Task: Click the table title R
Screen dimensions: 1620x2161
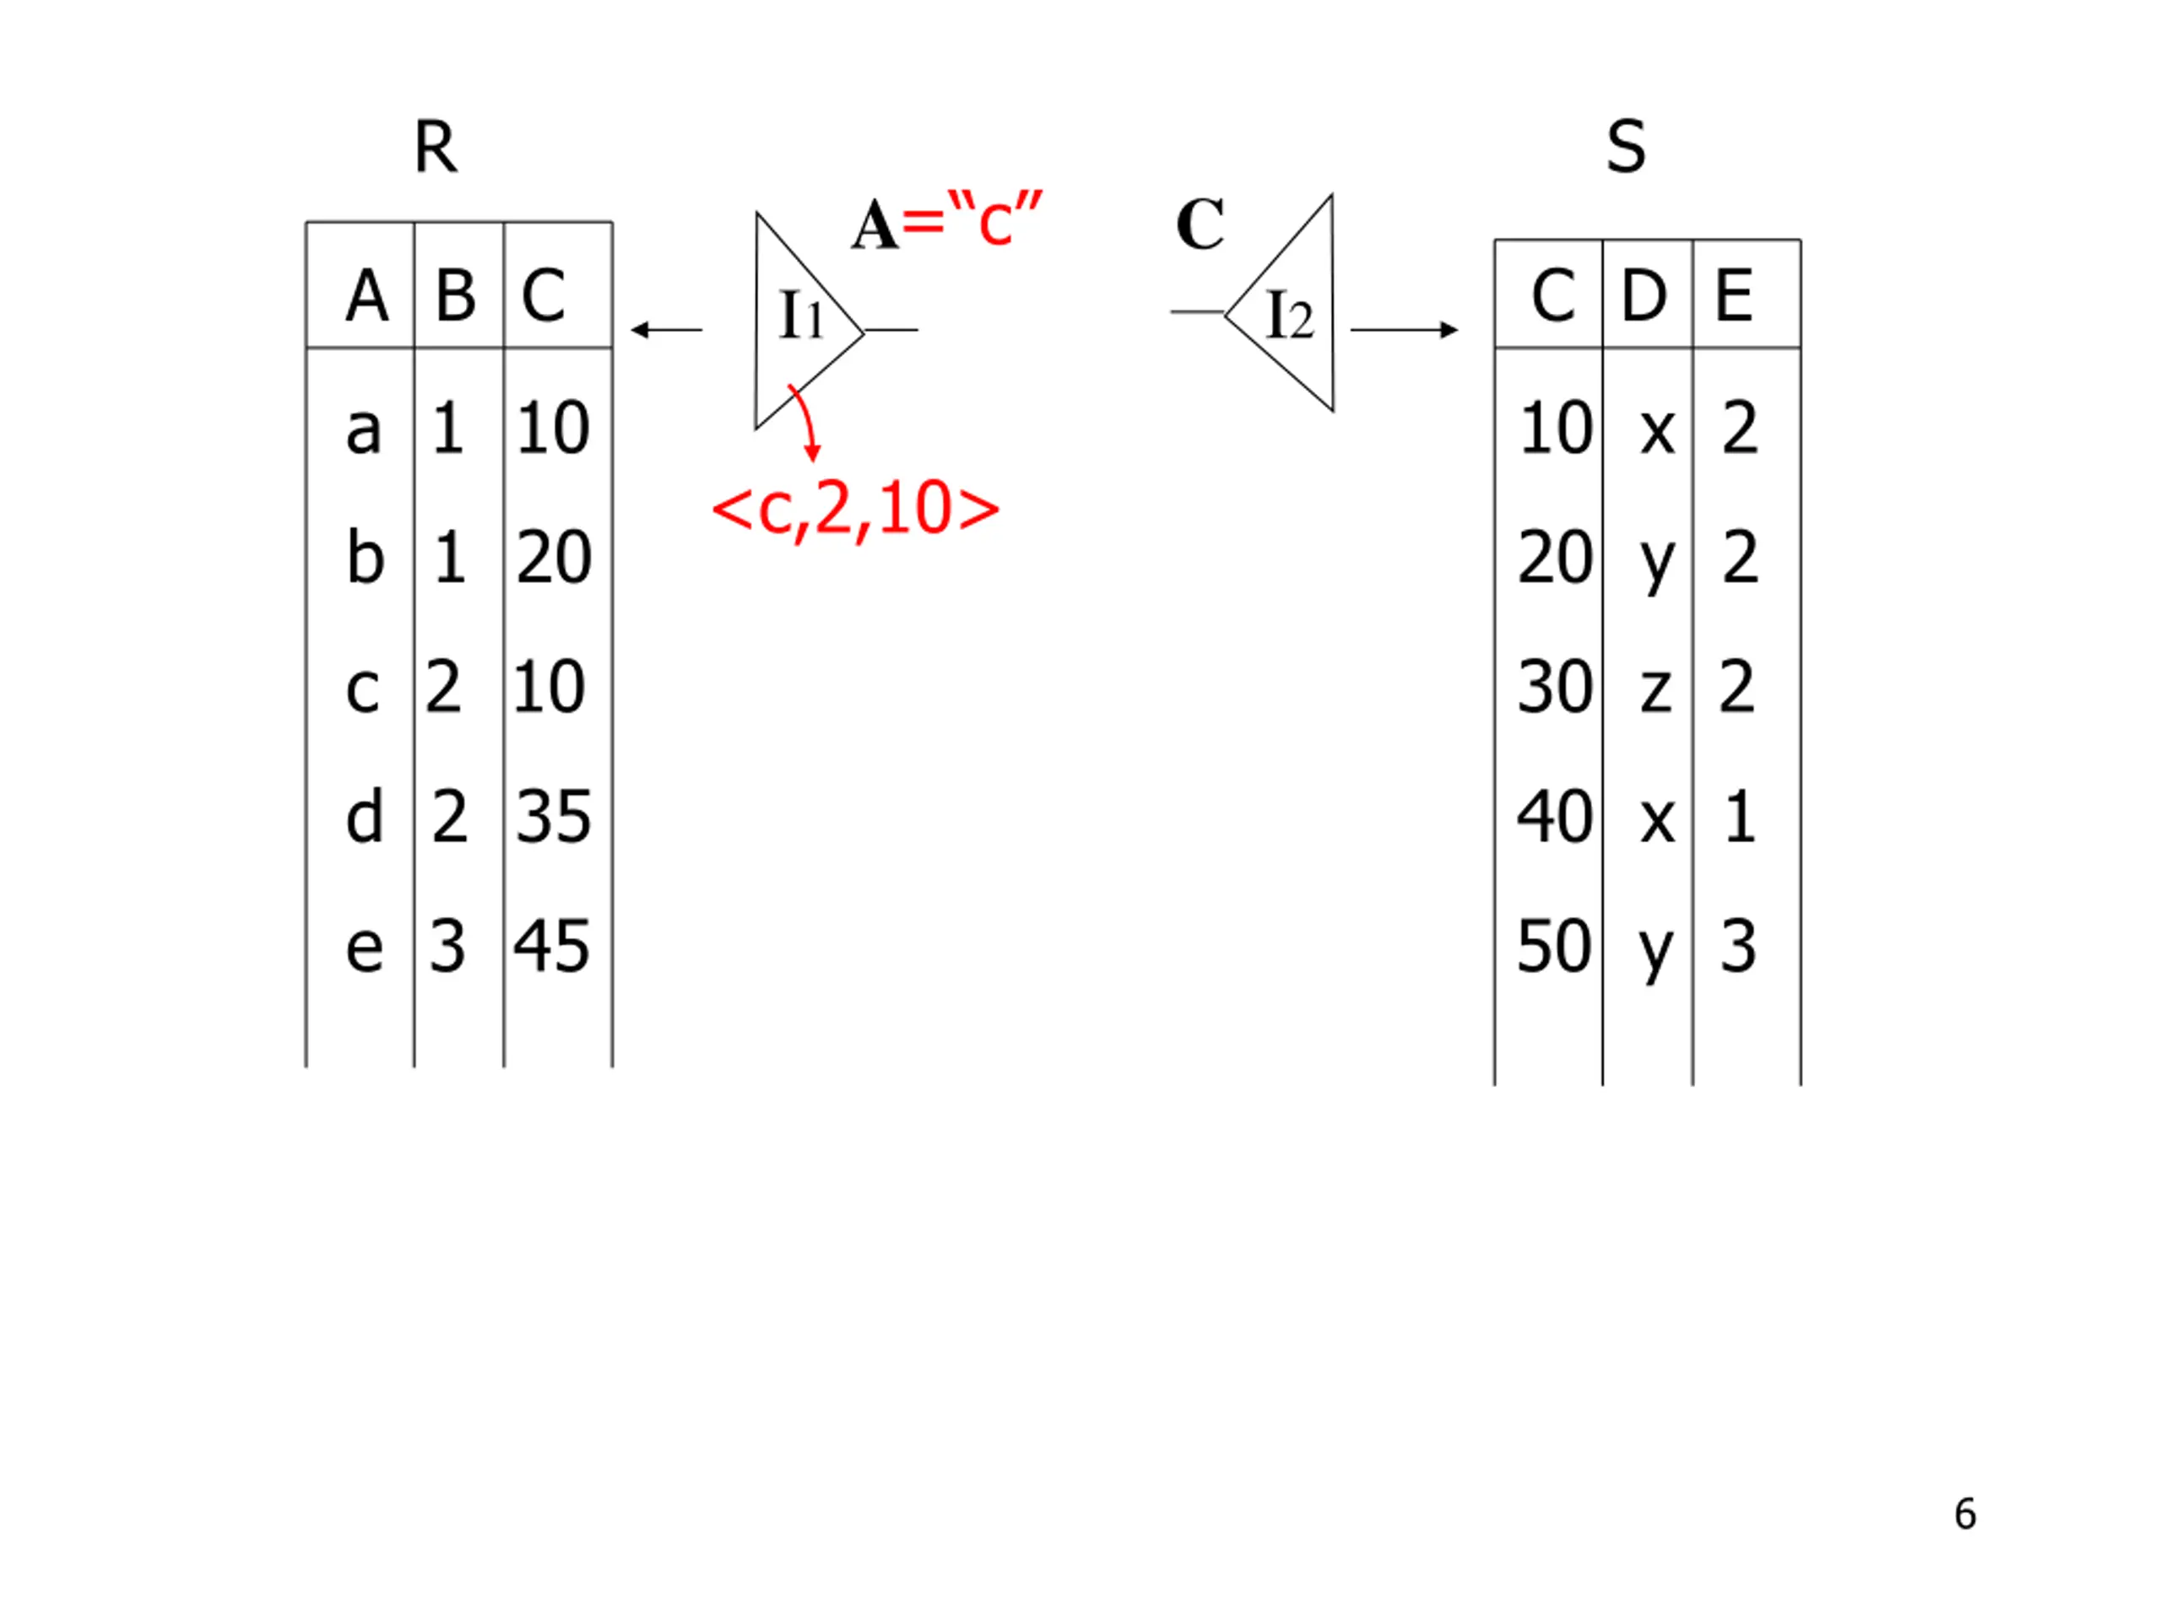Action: (435, 148)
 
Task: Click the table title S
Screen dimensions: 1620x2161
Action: (1626, 148)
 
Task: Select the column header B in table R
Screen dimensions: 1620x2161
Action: (455, 295)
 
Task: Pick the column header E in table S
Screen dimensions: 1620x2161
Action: (1734, 295)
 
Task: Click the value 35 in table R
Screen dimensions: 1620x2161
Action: (553, 817)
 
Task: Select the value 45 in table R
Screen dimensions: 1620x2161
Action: (552, 946)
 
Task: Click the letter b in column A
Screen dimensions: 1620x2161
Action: (366, 558)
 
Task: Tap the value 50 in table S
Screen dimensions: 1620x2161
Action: (1554, 946)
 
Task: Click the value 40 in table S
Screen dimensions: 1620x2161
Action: (1554, 817)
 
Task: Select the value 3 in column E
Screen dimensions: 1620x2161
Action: (1739, 946)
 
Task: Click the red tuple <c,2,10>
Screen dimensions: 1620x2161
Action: (856, 509)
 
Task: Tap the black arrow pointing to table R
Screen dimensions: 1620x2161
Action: (666, 330)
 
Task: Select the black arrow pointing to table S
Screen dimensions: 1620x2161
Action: (1404, 330)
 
